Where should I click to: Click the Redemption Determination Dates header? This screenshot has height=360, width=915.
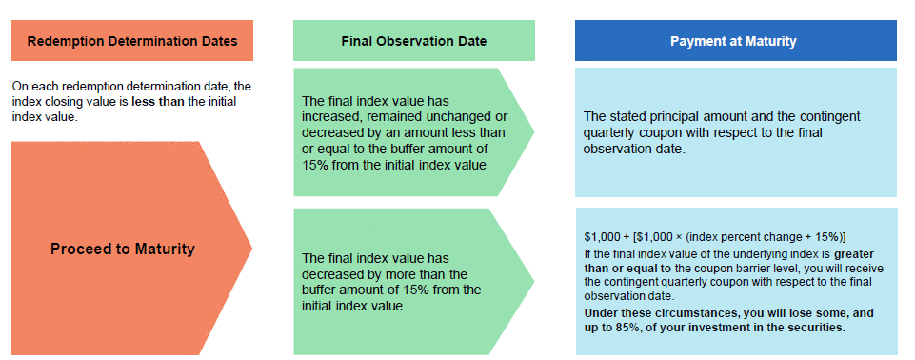pos(132,41)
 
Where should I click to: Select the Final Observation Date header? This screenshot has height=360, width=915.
pos(414,41)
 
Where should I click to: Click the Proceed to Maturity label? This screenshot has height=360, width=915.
pos(123,250)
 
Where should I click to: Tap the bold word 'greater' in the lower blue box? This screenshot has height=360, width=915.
pos(854,254)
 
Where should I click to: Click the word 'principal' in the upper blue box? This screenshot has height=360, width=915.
pos(666,117)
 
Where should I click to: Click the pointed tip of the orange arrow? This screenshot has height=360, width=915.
pos(251,249)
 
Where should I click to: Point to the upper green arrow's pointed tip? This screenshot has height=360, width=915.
pos(534,131)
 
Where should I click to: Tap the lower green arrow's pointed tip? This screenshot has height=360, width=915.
pos(534,282)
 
